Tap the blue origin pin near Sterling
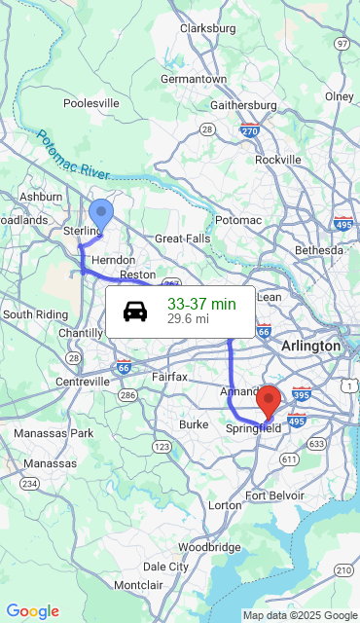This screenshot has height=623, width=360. click(x=100, y=213)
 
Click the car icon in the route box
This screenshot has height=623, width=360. click(x=135, y=311)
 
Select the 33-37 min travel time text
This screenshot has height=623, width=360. click(x=201, y=304)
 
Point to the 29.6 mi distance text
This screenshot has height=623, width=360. click(x=188, y=318)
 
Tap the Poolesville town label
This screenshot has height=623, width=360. click(x=90, y=103)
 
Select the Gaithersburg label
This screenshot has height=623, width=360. click(x=244, y=105)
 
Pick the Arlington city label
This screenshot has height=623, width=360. click(x=310, y=347)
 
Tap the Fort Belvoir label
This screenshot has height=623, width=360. click(x=275, y=495)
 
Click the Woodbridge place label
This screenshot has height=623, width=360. click(x=209, y=547)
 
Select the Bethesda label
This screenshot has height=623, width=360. click(x=319, y=250)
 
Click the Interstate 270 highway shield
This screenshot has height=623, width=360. click(x=249, y=129)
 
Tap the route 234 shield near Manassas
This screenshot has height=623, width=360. click(x=30, y=483)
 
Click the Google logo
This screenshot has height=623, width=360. click(x=32, y=611)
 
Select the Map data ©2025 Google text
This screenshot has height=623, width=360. click(x=300, y=615)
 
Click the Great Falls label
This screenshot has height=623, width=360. click(x=182, y=238)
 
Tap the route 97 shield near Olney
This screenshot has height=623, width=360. click(x=341, y=44)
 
